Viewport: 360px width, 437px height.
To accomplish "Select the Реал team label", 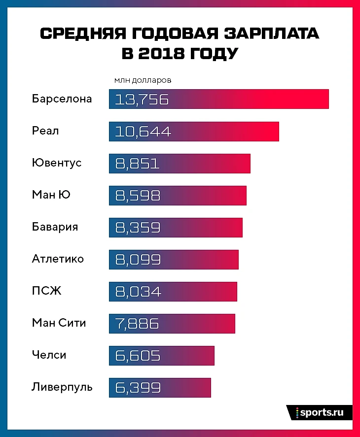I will (x=45, y=131).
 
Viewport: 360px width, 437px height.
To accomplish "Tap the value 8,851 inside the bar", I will (x=138, y=164).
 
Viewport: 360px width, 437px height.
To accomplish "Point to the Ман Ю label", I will (x=51, y=195).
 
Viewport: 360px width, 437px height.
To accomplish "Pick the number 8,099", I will (x=138, y=260).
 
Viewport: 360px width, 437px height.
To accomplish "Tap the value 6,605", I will (x=138, y=356).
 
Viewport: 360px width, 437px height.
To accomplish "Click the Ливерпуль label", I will (x=62, y=387).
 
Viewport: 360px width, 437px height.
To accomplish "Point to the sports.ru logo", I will (x=319, y=412).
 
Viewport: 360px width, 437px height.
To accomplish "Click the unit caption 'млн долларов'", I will (x=143, y=80).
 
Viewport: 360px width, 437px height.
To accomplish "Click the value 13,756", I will (x=142, y=100).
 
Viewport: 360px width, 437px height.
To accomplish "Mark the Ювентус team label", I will (x=57, y=163).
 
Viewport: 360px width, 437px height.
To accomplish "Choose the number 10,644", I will (x=143, y=132).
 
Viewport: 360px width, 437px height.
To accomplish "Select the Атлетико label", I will (x=58, y=259).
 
